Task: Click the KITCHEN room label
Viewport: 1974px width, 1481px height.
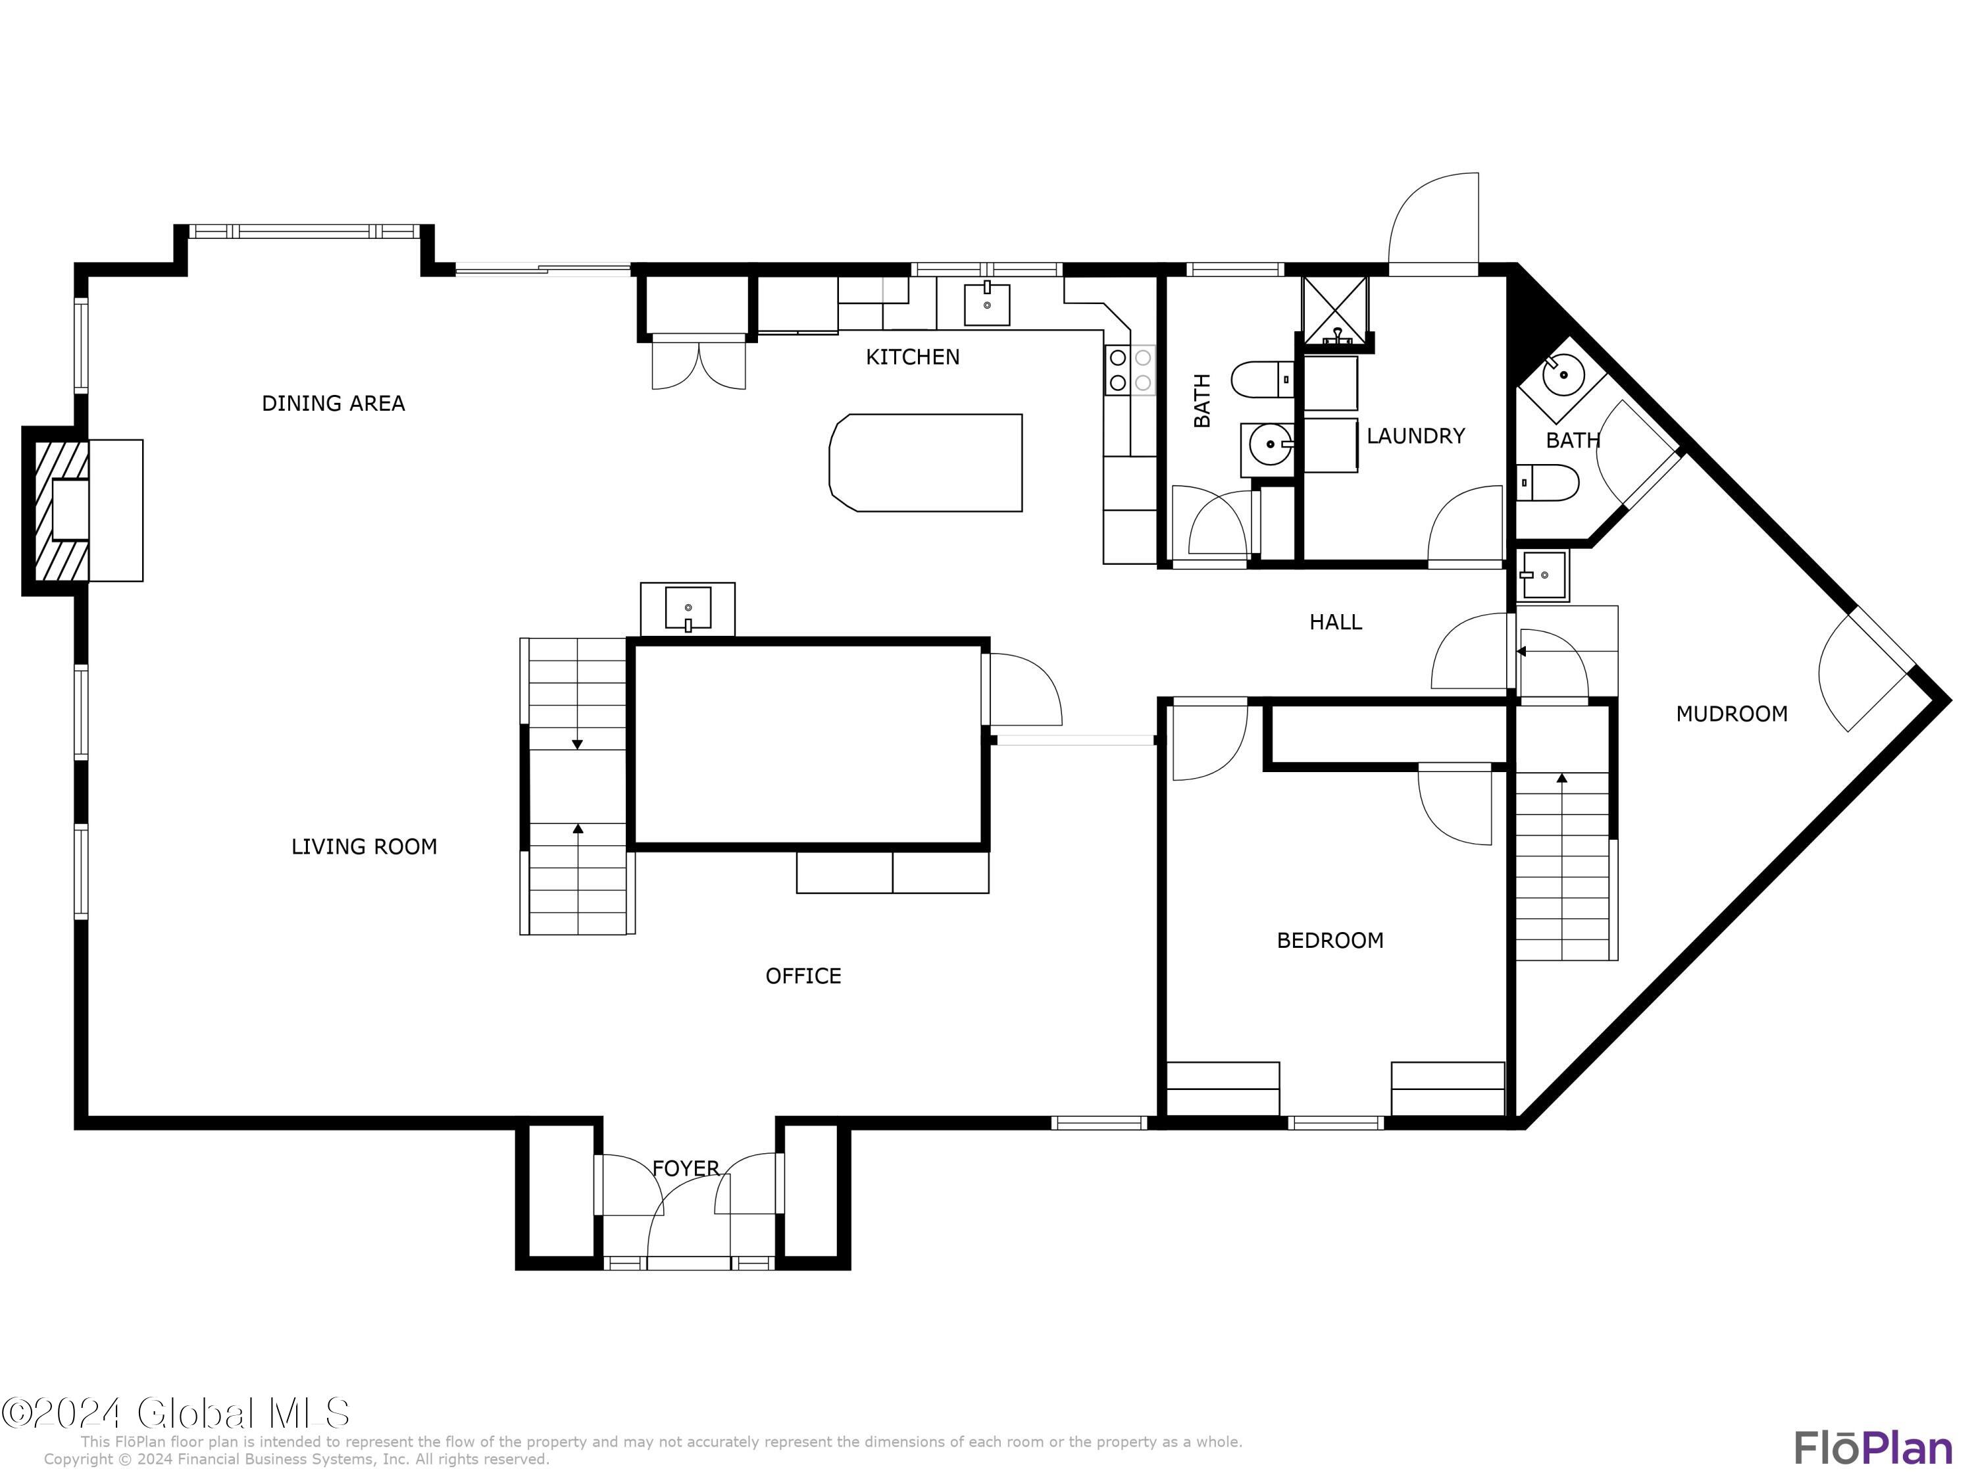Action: [x=912, y=357]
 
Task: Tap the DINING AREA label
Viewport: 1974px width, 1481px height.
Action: [x=333, y=403]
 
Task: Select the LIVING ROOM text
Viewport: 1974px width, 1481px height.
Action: [x=364, y=846]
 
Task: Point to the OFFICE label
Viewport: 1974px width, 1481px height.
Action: [x=803, y=975]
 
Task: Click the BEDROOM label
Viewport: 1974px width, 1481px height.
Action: [x=1330, y=940]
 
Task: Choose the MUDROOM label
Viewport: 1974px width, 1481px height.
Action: [x=1731, y=714]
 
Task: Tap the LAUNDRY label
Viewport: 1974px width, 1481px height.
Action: [x=1415, y=436]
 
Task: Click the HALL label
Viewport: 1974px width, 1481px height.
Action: [x=1335, y=622]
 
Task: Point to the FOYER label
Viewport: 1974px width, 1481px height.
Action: [x=686, y=1168]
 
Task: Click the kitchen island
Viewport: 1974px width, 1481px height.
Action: [x=925, y=463]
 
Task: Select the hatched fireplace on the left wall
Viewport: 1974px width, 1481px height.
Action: [x=60, y=511]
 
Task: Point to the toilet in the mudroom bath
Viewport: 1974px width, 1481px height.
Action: [x=1548, y=482]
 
